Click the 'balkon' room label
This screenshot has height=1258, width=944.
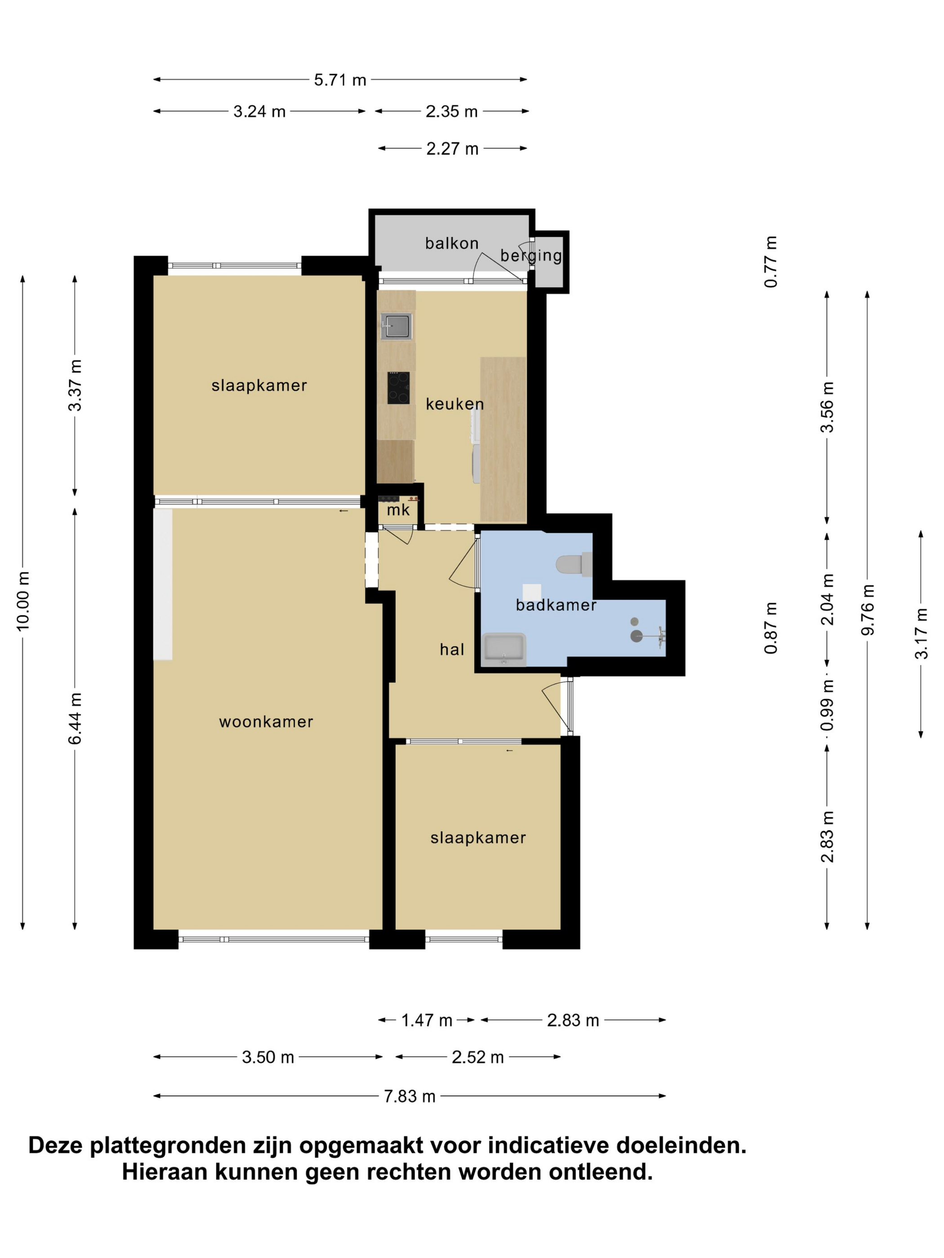coord(451,244)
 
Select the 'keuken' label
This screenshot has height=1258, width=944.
coord(454,404)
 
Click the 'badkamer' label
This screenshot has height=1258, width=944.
coord(556,605)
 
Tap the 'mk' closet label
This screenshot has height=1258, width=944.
coord(398,509)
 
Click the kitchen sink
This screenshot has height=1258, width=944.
coord(396,326)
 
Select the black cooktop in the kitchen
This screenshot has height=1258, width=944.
coord(398,388)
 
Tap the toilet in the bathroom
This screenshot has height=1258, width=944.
coord(574,565)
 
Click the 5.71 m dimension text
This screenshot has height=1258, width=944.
coord(340,80)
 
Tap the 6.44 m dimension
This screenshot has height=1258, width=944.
coord(75,718)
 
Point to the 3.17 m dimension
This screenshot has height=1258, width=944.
coord(921,633)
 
